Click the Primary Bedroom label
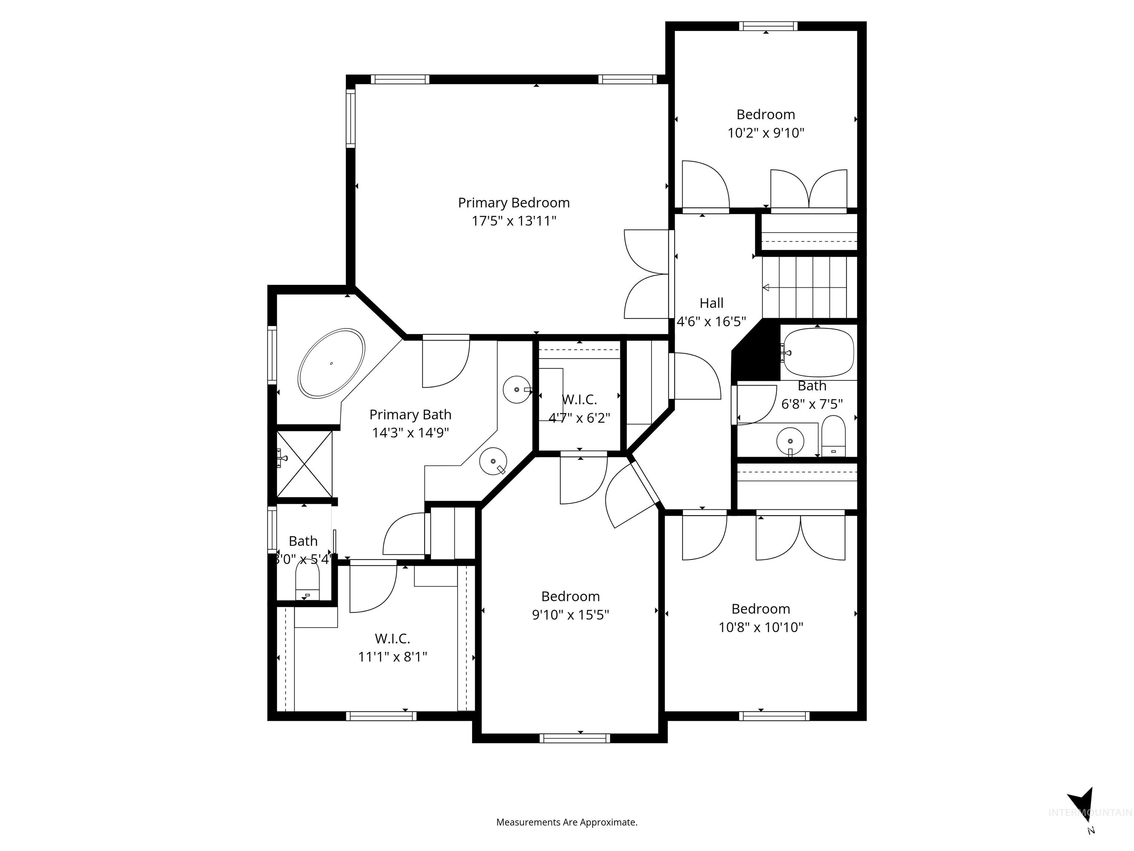coord(514,203)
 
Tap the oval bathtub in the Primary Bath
coord(332,363)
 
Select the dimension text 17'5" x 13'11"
coord(514,221)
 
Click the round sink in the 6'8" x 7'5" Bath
coord(790,441)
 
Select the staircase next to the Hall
coord(809,287)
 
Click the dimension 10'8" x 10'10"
coord(761,627)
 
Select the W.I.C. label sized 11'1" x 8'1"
coord(392,639)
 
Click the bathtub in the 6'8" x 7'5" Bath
coord(819,352)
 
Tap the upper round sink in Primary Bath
coord(516,390)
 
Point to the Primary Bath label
coord(410,414)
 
